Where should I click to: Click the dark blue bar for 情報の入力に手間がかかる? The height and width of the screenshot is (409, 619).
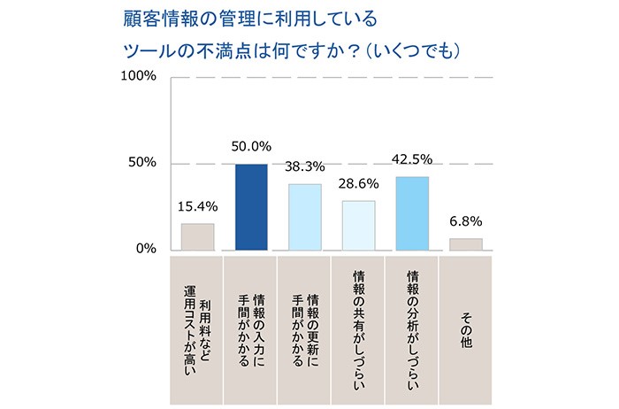pos(250,207)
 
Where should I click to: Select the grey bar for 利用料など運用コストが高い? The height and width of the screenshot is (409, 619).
pos(197,236)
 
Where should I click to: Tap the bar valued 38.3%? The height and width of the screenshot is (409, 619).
pos(305,217)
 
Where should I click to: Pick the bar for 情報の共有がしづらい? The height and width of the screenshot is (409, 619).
pos(358,225)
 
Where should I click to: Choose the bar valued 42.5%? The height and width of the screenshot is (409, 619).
pos(412,213)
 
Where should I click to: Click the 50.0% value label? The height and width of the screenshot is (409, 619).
pos(251,147)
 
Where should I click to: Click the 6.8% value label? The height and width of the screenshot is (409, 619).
pos(465,221)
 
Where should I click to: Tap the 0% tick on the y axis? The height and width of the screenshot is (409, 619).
pos(145,250)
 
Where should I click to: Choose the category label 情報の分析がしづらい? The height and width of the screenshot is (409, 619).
pos(412,328)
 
